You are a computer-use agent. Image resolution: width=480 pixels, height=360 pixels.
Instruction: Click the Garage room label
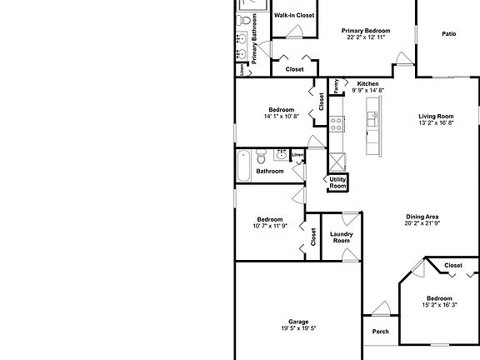point(298,321)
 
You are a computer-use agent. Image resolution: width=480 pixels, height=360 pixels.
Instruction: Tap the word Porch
point(380,331)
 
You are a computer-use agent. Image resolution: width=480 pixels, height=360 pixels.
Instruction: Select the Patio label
point(448,34)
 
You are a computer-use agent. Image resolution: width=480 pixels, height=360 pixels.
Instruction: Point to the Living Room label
point(435,116)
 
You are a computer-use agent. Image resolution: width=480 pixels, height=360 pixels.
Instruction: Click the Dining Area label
point(422,216)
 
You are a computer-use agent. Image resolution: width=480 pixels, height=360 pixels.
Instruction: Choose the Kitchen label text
point(367,84)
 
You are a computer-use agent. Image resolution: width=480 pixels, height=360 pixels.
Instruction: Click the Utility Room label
point(337,182)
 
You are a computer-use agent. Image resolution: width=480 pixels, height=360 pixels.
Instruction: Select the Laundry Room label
point(342,237)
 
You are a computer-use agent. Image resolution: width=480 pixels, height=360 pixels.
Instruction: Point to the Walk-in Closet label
point(294,15)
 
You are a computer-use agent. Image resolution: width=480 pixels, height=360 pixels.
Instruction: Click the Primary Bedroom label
point(366,30)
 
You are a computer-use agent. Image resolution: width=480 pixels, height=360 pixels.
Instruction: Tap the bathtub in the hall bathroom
point(243,166)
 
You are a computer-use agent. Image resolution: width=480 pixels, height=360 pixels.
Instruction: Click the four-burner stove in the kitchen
point(337,124)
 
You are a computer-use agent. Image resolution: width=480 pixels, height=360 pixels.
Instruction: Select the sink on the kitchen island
point(372,120)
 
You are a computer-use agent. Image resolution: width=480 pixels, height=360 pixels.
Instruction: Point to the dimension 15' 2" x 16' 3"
point(438,305)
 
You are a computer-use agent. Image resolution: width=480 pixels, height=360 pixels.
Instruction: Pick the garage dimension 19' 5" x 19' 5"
point(298,328)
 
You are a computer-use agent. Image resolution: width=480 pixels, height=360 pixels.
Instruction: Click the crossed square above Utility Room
point(337,162)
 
